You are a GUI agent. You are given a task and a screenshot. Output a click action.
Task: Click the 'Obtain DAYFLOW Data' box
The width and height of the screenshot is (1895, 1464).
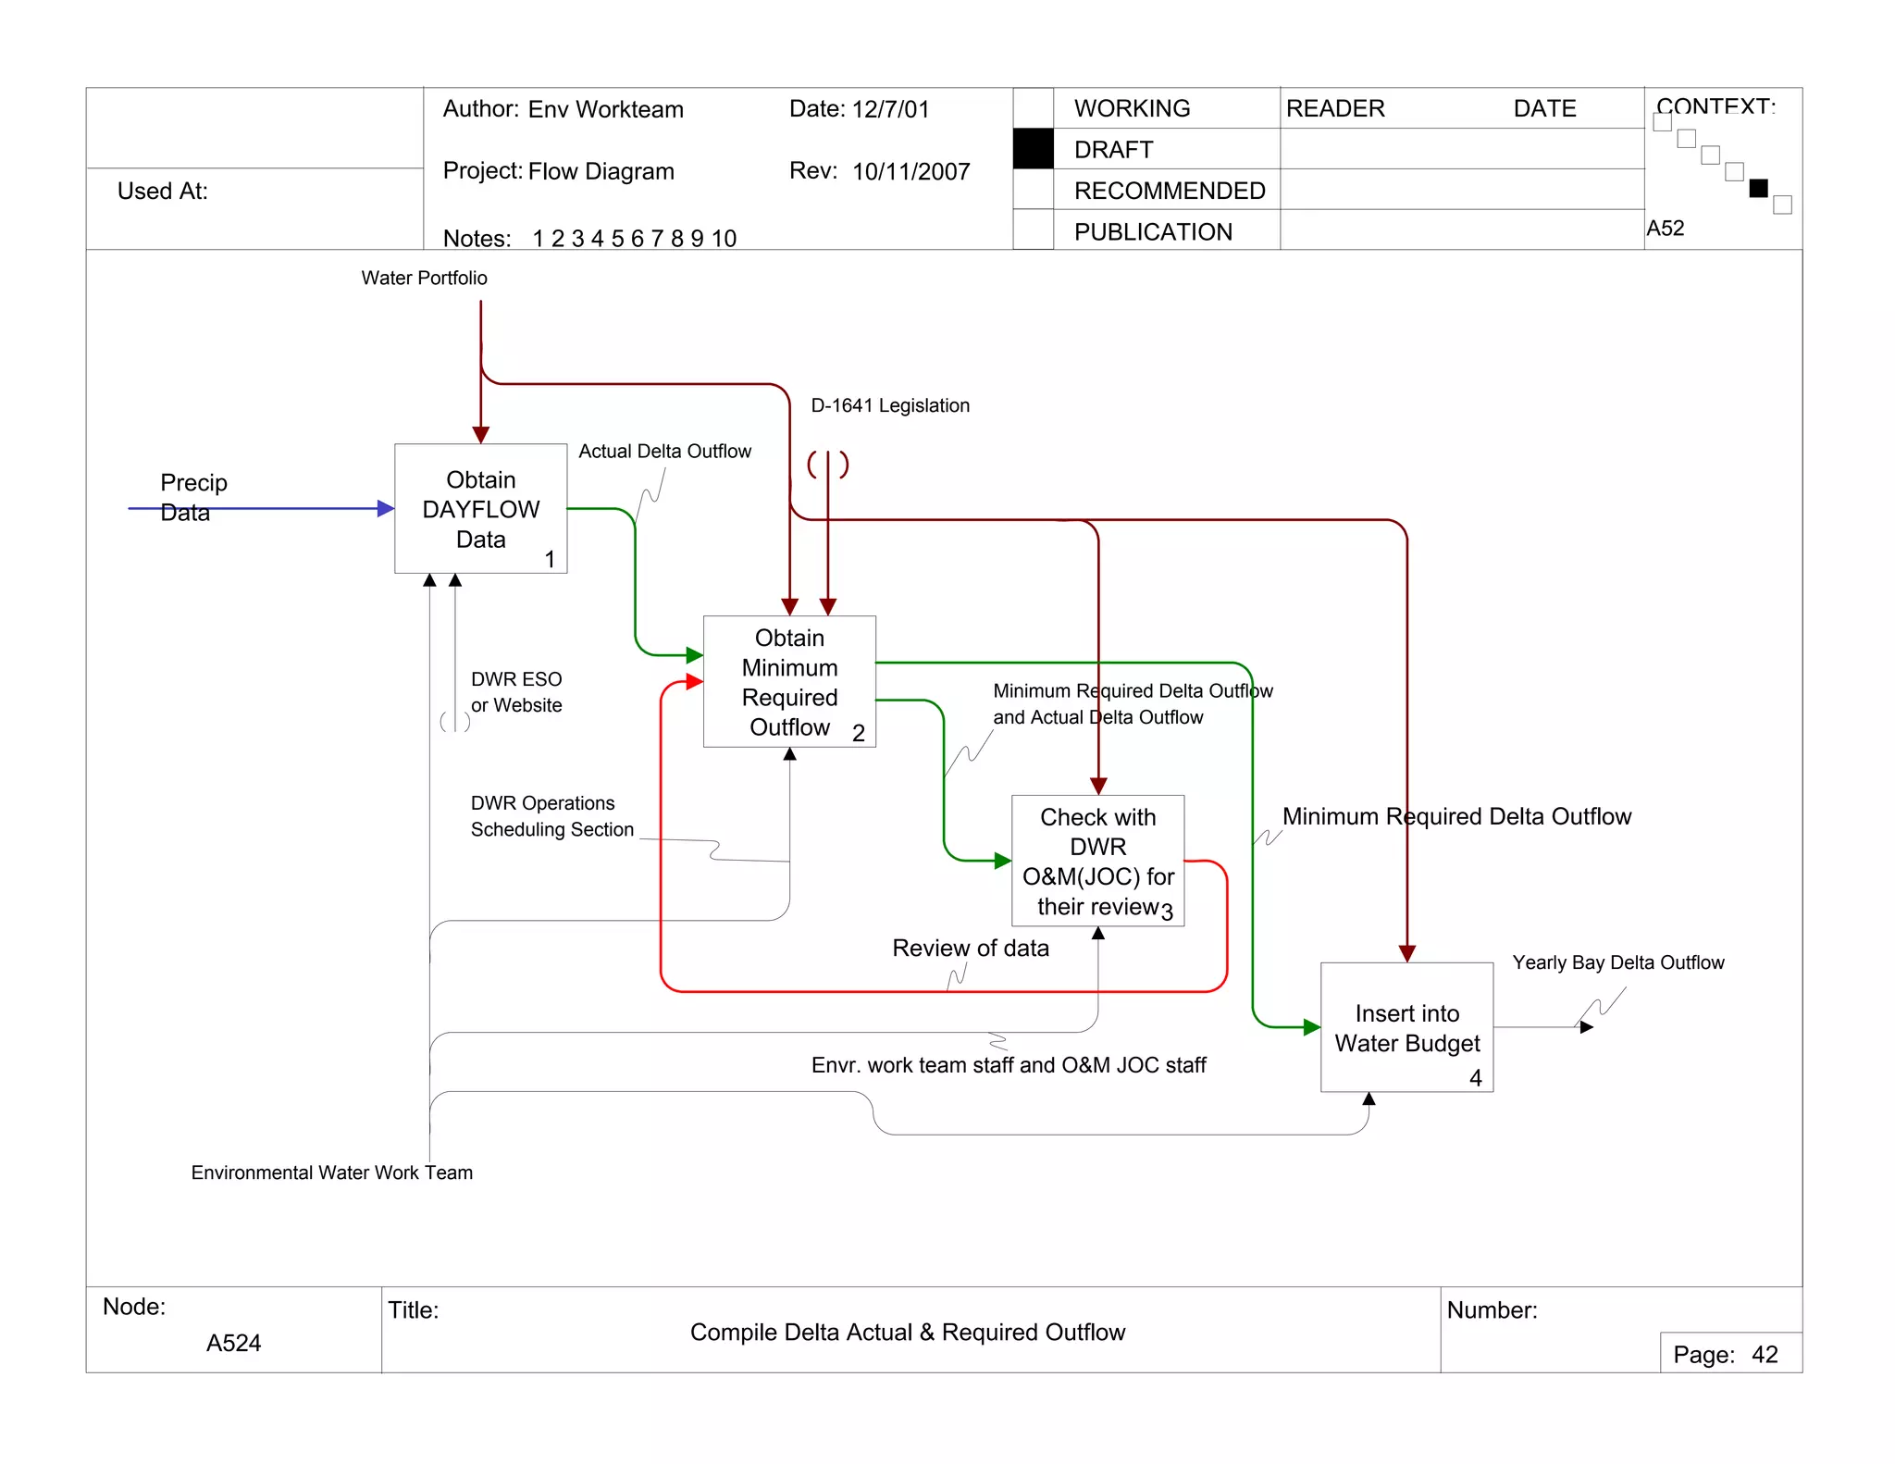pyautogui.click(x=480, y=508)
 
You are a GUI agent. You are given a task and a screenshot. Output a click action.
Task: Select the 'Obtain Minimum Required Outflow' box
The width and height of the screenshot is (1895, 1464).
pyautogui.click(x=789, y=681)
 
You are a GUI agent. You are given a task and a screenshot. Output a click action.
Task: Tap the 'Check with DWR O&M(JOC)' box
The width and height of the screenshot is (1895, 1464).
pyautogui.click(x=1097, y=861)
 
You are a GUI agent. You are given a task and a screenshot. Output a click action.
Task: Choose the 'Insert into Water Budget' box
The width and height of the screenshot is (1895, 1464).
pyautogui.click(x=1406, y=1027)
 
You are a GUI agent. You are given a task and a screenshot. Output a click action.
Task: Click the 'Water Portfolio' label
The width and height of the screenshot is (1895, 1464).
pyautogui.click(x=424, y=278)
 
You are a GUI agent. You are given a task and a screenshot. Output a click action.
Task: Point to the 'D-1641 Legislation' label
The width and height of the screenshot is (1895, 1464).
pyautogui.click(x=889, y=405)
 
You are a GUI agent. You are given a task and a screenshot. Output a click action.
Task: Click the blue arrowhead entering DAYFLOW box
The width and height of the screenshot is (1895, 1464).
pyautogui.click(x=386, y=508)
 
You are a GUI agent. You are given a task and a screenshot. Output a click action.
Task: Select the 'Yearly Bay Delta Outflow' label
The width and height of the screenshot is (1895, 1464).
pyautogui.click(x=1617, y=962)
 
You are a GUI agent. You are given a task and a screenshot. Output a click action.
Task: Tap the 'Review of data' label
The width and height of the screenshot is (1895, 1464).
pyautogui.click(x=970, y=948)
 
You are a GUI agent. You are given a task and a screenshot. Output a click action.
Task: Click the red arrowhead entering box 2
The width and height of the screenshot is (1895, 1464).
pyautogui.click(x=694, y=682)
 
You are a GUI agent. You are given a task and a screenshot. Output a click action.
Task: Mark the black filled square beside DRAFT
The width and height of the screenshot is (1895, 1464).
pyautogui.click(x=1033, y=149)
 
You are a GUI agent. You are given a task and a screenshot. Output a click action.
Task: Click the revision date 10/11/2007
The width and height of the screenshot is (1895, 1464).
pyautogui.click(x=910, y=171)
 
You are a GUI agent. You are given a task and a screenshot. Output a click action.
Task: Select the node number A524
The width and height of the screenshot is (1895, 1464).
pyautogui.click(x=233, y=1342)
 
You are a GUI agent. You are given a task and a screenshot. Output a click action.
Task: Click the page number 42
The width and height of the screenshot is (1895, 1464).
pyautogui.click(x=1764, y=1354)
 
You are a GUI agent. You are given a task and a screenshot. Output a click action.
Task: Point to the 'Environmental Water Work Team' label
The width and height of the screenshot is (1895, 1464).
pyautogui.click(x=331, y=1172)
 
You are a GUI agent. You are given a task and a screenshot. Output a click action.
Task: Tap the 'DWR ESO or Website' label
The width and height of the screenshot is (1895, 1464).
pyautogui.click(x=515, y=692)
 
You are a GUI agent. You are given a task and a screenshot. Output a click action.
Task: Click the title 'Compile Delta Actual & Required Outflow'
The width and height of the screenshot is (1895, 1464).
pyautogui.click(x=907, y=1332)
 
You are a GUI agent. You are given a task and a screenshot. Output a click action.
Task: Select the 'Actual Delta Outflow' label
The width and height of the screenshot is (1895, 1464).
pyautogui.click(x=664, y=451)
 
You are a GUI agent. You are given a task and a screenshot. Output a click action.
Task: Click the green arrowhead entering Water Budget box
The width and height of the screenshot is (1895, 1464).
pyautogui.click(x=1311, y=1027)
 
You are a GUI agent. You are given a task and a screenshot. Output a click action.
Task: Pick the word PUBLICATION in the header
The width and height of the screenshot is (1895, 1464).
pyautogui.click(x=1153, y=231)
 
